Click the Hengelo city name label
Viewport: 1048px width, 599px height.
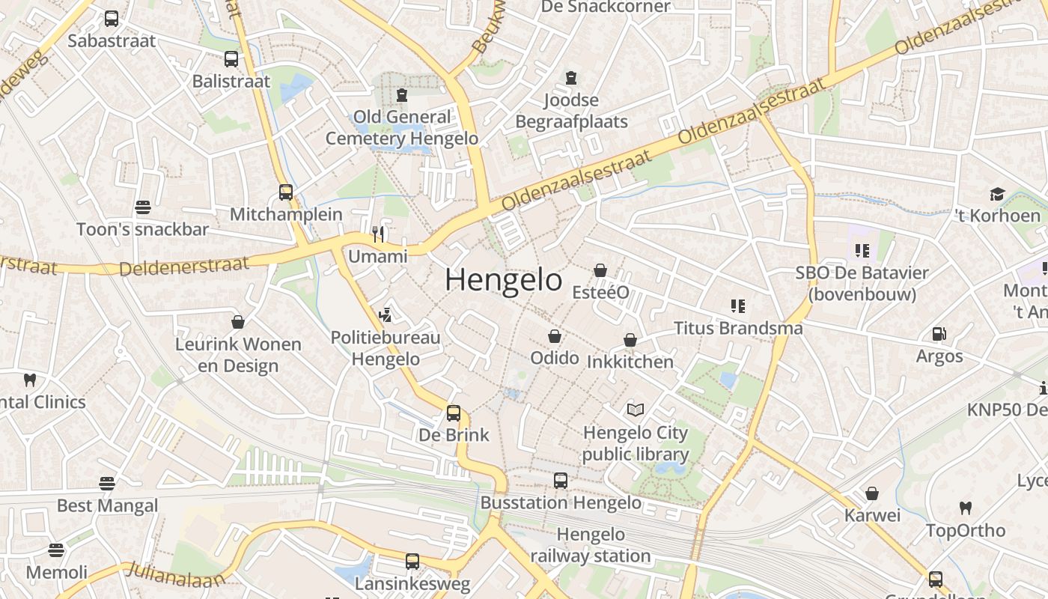503,280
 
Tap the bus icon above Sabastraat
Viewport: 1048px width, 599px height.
112,19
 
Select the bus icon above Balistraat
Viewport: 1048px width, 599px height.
231,59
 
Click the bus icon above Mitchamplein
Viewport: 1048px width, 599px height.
285,192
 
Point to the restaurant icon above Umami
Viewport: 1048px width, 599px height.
378,234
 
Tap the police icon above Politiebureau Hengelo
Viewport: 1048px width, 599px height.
386,315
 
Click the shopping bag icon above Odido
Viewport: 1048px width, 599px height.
555,336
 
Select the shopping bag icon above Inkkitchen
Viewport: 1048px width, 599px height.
630,340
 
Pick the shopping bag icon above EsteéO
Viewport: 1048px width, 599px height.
600,270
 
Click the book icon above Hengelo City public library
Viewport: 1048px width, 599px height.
636,410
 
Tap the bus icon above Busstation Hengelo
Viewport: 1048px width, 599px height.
561,481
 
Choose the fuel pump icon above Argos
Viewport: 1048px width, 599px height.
939,334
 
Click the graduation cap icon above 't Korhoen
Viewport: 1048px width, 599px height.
997,195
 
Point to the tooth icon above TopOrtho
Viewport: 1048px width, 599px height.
966,508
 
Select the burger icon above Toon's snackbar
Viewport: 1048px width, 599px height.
143,207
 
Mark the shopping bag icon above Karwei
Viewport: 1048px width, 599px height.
872,493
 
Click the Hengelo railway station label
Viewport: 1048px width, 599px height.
591,545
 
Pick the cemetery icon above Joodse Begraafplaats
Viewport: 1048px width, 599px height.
571,78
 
